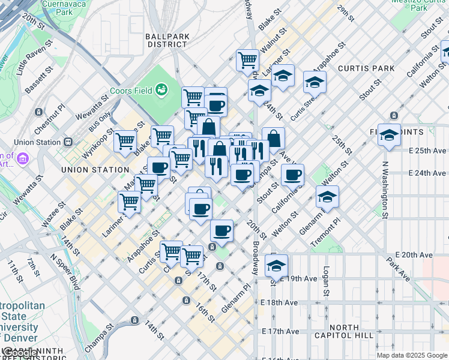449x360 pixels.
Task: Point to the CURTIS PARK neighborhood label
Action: (366, 68)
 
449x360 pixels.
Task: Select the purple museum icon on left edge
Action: (23, 159)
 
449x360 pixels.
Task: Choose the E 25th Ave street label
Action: (427, 150)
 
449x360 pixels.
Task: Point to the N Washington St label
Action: (385, 190)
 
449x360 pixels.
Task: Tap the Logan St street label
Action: (327, 281)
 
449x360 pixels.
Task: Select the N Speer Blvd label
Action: (65, 271)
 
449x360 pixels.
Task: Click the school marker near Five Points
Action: (389, 135)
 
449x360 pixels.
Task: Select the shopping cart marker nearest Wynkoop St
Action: (125, 142)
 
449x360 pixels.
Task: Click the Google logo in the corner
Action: (18, 353)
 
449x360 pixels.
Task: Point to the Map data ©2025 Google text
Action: (411, 355)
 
